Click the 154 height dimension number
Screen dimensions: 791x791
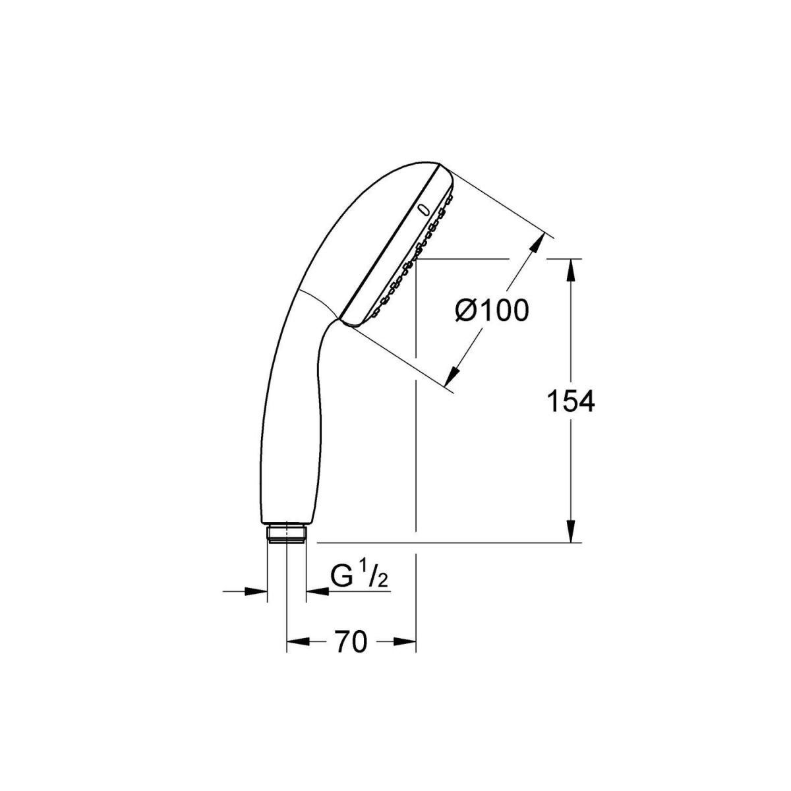pos(571,401)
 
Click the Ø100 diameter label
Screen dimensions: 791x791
pos(492,310)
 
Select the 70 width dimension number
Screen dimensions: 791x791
pos(350,641)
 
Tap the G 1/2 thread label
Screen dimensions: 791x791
pos(359,577)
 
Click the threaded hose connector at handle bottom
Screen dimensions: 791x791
pos(287,533)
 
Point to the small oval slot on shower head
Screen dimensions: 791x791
pos(423,210)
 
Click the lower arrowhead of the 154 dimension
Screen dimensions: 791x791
pos(571,532)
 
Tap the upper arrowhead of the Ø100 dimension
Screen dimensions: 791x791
pos(536,245)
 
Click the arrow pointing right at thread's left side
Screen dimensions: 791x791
pos(257,591)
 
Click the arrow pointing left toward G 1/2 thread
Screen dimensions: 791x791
pos(317,591)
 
